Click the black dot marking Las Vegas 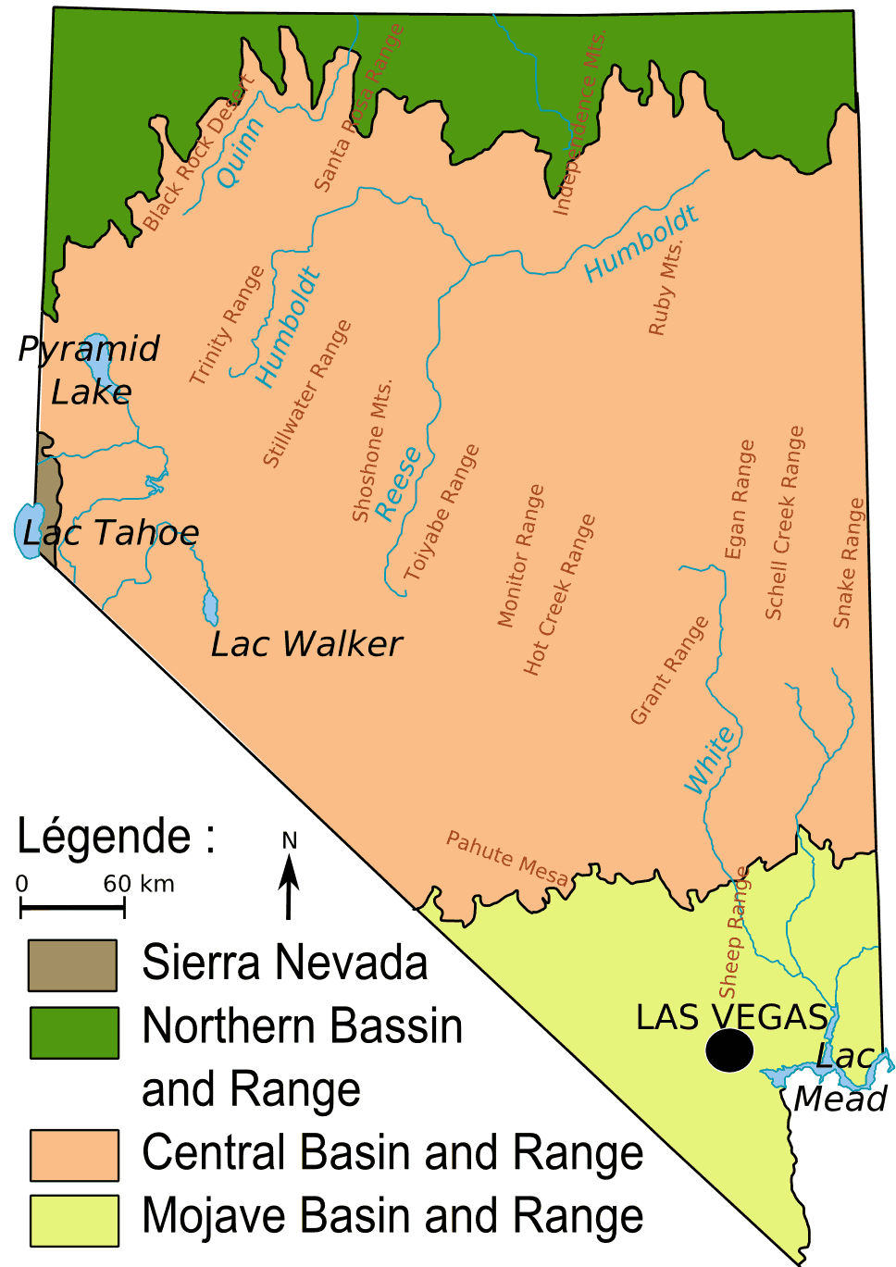tap(729, 1050)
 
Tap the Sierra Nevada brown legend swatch tap(72, 965)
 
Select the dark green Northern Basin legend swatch tap(74, 1032)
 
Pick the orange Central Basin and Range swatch tap(74, 1155)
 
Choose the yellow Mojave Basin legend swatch tap(74, 1221)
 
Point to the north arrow tap(289, 884)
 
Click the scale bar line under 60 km tap(72, 908)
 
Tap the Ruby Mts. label tap(666, 288)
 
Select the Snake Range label tap(849, 564)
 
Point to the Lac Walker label tap(306, 644)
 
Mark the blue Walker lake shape tap(211, 608)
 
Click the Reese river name tap(398, 484)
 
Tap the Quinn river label tap(241, 153)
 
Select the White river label tap(710, 761)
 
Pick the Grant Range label tap(669, 670)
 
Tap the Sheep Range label tap(734, 933)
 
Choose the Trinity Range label tap(227, 325)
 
